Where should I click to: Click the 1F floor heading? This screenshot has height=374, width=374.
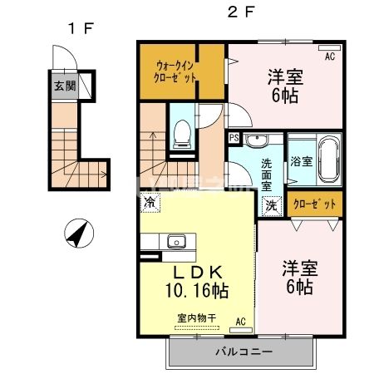[x=80, y=28]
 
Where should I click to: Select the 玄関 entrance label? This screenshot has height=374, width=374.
[x=63, y=86]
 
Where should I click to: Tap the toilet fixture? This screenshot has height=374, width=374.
[x=180, y=133]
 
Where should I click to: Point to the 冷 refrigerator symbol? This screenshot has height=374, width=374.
[x=150, y=202]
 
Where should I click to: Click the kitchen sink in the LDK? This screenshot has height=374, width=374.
[x=176, y=242]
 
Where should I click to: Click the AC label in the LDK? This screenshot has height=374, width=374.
[x=240, y=320]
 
